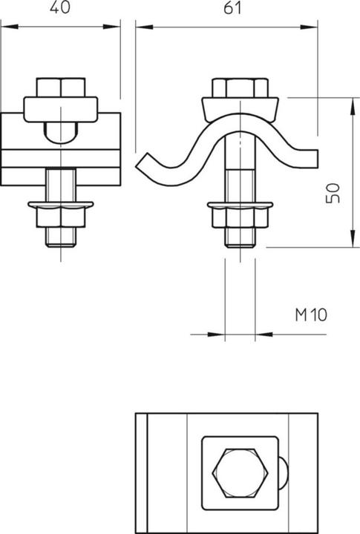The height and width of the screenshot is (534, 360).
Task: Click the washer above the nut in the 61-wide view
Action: [239, 203]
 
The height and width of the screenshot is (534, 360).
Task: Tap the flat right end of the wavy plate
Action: [313, 157]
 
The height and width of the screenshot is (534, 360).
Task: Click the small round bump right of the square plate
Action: [285, 472]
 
